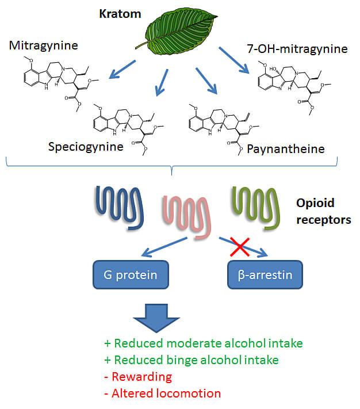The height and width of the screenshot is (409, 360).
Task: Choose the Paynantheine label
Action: [285, 149]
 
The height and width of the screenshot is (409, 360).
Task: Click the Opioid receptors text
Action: [323, 211]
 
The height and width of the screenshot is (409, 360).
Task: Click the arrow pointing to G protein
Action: [164, 248]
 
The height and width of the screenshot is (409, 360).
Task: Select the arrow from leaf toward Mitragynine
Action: [122, 69]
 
